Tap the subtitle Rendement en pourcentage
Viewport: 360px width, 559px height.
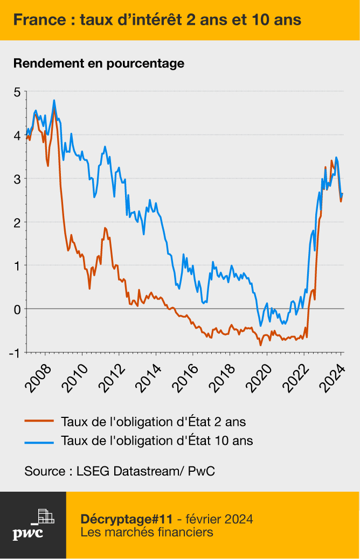(x=99, y=63)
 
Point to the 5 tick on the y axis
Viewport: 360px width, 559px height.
(x=17, y=92)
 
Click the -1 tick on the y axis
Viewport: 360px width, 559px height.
(x=15, y=353)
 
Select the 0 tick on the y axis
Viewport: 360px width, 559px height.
(x=17, y=309)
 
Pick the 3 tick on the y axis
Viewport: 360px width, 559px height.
(x=17, y=179)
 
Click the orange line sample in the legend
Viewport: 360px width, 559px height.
(x=39, y=421)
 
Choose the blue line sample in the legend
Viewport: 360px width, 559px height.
(x=39, y=441)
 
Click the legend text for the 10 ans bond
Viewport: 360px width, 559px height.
(x=157, y=441)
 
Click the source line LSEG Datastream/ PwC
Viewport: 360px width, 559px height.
(x=120, y=471)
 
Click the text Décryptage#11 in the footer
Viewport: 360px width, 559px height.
(x=126, y=519)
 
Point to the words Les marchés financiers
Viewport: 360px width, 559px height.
(x=147, y=533)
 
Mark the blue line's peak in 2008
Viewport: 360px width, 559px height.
(x=54, y=101)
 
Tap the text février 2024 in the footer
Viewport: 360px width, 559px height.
(x=219, y=519)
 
